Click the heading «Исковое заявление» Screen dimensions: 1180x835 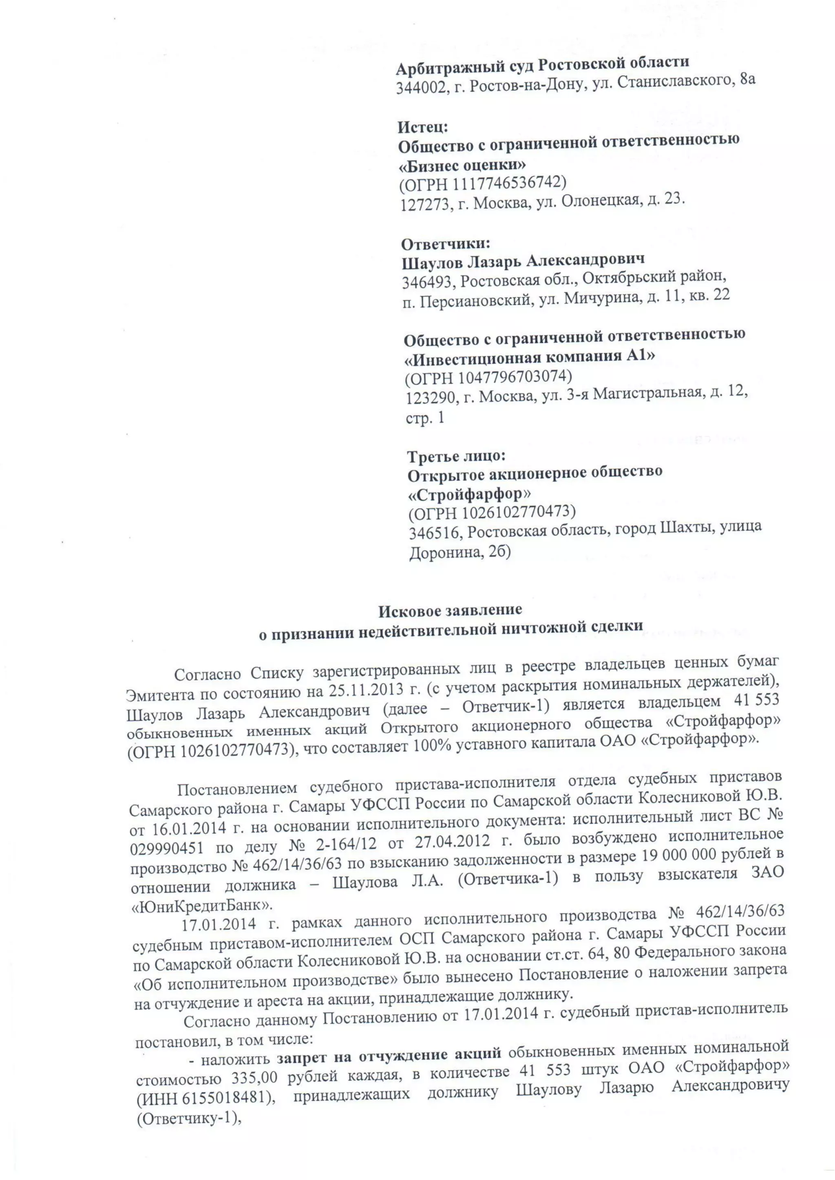pos(451,611)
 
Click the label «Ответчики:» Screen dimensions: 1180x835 pos(446,244)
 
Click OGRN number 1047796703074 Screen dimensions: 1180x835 pos(506,377)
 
